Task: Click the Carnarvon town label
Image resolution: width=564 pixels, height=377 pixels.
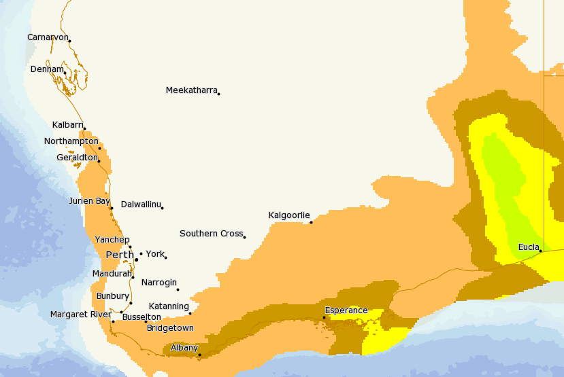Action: [x=47, y=37]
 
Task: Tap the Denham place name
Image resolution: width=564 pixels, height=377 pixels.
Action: [x=46, y=69]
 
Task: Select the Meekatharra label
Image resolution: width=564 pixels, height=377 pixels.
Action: [x=191, y=90]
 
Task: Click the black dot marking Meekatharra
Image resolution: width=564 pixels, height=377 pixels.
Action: [x=218, y=94]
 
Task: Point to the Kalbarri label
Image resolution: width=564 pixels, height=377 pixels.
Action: [x=67, y=125]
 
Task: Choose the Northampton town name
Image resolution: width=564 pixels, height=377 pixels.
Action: [x=71, y=141]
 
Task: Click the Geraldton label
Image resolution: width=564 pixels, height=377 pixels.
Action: [x=76, y=158]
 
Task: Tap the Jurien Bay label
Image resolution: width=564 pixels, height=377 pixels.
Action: [x=89, y=201]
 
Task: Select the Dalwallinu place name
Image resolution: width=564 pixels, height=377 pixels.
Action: [x=141, y=204]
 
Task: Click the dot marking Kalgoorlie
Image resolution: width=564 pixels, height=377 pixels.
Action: [x=311, y=222]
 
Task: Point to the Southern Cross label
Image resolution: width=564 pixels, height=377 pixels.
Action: [x=211, y=234]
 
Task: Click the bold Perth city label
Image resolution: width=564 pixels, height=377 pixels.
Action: [x=120, y=255]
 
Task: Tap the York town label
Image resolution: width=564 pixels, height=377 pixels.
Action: [x=155, y=254]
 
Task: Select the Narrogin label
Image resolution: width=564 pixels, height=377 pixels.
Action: [x=159, y=283]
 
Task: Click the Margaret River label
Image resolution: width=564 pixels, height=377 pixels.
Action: [x=80, y=315]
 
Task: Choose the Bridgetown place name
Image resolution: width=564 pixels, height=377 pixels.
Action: [x=170, y=328]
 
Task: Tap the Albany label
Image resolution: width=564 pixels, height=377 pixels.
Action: [x=184, y=348]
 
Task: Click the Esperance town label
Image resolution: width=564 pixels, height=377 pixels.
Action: [x=346, y=311]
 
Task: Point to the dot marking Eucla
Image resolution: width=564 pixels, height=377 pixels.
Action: [x=540, y=251]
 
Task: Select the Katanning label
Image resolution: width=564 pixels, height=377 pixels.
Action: [x=169, y=306]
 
